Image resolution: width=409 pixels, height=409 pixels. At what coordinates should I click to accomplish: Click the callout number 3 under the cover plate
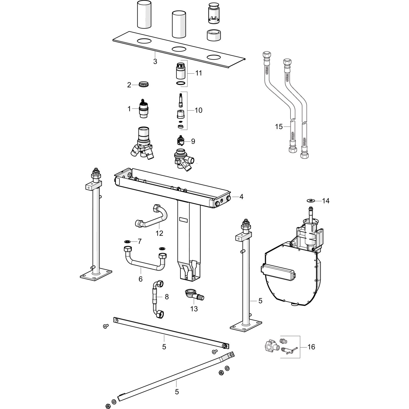pyautogui.click(x=155, y=62)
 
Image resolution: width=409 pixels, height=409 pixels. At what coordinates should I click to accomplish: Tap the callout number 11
pyautogui.click(x=199, y=73)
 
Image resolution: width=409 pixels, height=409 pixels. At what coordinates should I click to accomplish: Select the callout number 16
pyautogui.click(x=311, y=347)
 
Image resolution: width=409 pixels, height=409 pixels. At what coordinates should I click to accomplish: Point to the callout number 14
pyautogui.click(x=326, y=201)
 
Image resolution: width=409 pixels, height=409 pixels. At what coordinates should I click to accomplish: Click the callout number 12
pyautogui.click(x=159, y=233)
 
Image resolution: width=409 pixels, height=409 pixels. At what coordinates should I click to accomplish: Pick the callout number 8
pyautogui.click(x=167, y=297)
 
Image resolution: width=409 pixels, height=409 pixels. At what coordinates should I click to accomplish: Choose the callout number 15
pyautogui.click(x=279, y=127)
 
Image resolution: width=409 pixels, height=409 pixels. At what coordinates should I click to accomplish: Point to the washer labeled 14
pyautogui.click(x=310, y=201)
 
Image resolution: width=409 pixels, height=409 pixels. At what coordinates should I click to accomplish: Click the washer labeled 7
pyautogui.click(x=127, y=242)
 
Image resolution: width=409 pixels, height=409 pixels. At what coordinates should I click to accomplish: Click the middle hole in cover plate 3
pyautogui.click(x=179, y=49)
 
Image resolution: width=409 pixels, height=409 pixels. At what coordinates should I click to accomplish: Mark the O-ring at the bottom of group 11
pyautogui.click(x=180, y=83)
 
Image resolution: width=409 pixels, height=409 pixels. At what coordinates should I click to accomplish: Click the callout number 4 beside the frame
pyautogui.click(x=241, y=197)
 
